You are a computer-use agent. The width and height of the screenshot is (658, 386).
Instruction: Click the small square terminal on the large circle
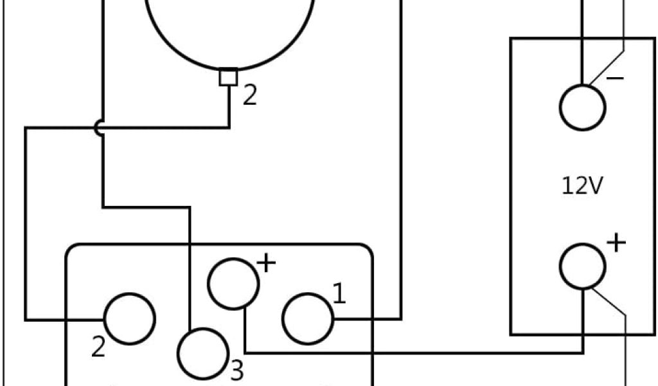(229, 77)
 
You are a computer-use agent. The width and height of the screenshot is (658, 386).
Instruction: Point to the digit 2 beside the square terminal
(249, 96)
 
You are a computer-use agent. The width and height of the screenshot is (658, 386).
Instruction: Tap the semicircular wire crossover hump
(98, 128)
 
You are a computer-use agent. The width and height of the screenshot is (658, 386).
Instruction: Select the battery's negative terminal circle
(582, 107)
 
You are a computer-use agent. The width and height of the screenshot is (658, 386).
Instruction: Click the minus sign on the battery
(614, 78)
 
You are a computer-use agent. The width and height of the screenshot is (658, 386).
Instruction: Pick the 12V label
(582, 186)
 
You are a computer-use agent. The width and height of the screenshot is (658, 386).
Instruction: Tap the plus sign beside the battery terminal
(616, 243)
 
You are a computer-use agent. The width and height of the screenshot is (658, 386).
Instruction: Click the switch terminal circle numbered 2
(129, 318)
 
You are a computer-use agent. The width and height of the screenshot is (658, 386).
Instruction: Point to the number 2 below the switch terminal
(98, 347)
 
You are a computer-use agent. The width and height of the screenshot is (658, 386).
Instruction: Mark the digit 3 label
(236, 371)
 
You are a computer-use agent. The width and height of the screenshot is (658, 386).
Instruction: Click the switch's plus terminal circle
(233, 284)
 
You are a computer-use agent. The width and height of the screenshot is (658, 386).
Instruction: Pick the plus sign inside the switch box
(265, 263)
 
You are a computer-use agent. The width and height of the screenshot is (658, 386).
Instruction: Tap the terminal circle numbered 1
(307, 318)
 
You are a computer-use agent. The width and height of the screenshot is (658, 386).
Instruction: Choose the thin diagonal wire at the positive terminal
(609, 302)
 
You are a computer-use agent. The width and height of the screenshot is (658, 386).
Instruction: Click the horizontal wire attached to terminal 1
(366, 318)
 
